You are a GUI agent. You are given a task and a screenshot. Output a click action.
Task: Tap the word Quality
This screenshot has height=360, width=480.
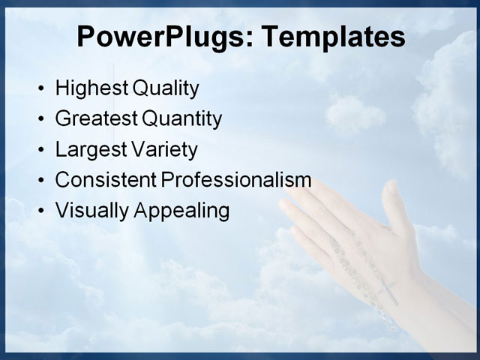(166, 89)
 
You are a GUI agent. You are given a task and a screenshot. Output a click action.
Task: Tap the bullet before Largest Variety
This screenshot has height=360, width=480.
(40, 151)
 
